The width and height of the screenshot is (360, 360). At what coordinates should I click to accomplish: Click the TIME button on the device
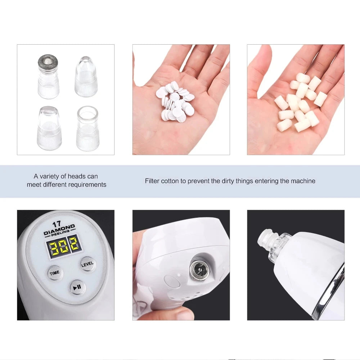tap(55, 273)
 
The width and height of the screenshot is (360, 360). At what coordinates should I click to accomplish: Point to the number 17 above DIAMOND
tap(57, 224)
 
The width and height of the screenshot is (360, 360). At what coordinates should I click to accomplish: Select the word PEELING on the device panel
tap(60, 233)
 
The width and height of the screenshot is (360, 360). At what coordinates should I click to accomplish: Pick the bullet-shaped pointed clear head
tap(86, 76)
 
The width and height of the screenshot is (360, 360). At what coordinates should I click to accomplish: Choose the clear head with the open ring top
tap(87, 129)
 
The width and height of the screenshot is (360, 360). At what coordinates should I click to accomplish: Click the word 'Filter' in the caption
tap(152, 181)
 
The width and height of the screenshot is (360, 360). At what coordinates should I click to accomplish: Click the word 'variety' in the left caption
tap(50, 176)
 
